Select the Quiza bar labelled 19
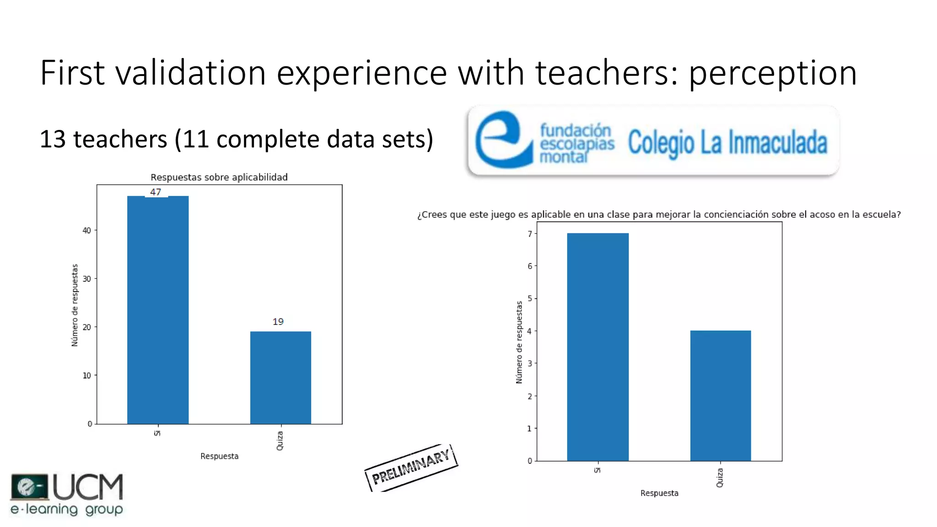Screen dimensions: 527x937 click(x=280, y=377)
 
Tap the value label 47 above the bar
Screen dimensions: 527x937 click(x=156, y=192)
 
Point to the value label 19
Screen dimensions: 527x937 click(x=278, y=322)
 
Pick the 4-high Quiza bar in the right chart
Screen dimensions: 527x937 click(x=721, y=395)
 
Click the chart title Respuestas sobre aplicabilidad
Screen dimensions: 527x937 click(x=219, y=177)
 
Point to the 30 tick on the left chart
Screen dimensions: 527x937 click(x=86, y=279)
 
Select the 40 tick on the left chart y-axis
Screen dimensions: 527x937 click(x=86, y=231)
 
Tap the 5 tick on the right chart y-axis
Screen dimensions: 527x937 click(x=530, y=299)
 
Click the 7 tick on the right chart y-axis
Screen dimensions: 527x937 click(x=530, y=234)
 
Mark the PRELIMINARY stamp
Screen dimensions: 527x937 click(x=411, y=468)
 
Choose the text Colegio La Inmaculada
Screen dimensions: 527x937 click(x=727, y=143)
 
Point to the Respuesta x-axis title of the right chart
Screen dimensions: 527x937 click(x=659, y=493)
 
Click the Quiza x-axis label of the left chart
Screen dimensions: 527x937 click(x=280, y=441)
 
